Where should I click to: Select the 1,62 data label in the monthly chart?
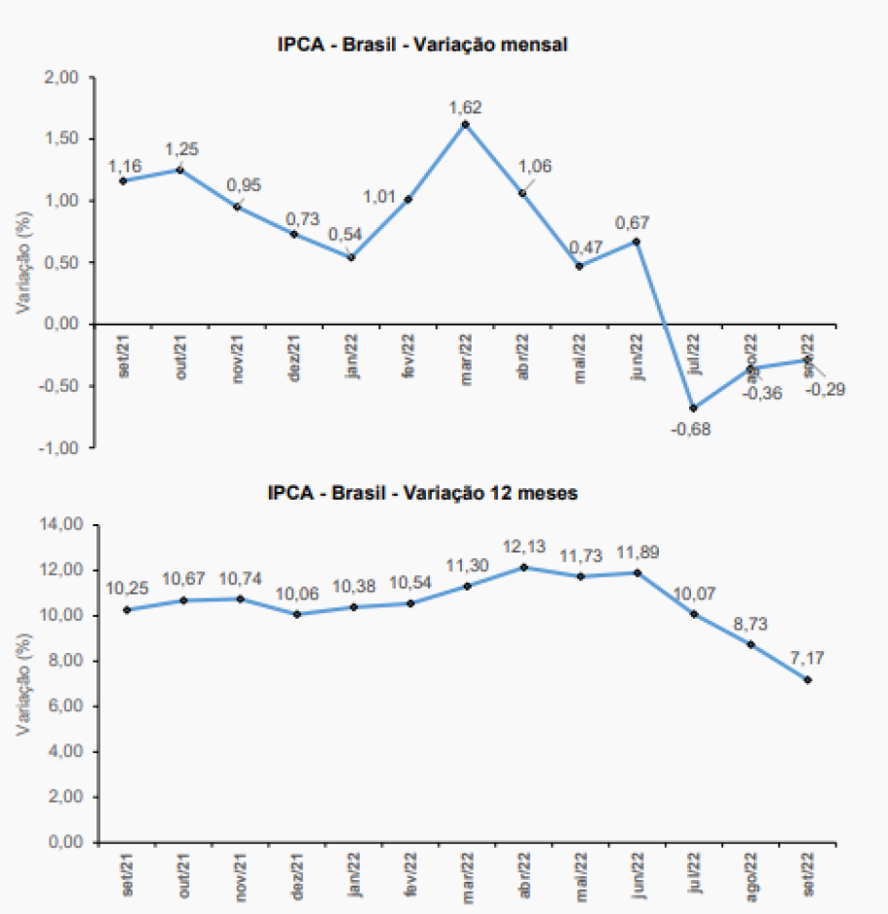coord(465,107)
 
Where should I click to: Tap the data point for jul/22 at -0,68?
coord(693,407)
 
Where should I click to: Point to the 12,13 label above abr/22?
coord(525,547)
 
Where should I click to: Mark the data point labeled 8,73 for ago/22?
coord(751,644)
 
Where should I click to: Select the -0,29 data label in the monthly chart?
coord(825,390)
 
